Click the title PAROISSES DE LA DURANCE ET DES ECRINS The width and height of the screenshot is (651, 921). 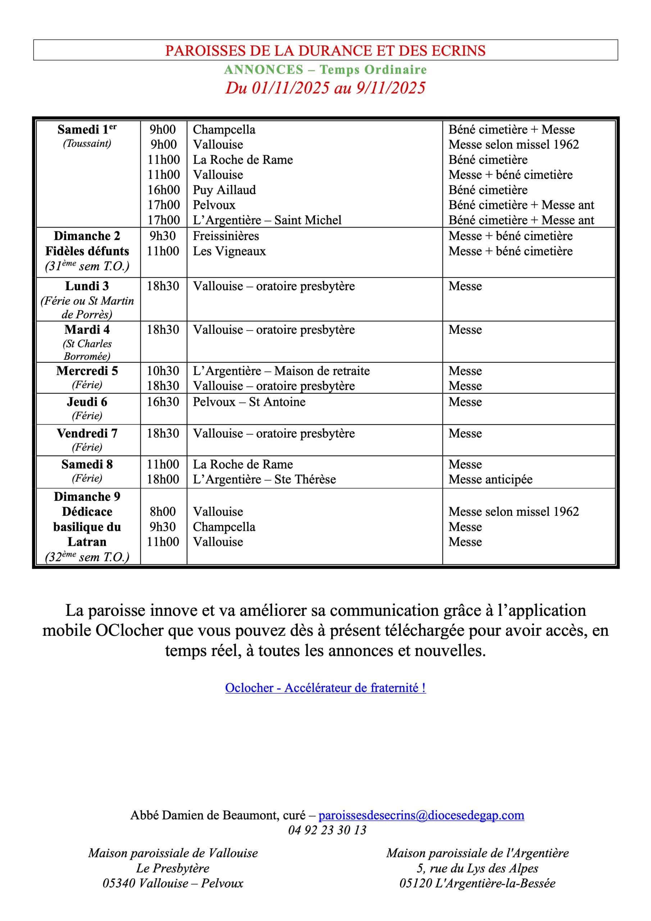point(325,50)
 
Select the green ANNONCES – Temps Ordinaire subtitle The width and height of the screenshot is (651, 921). point(325,70)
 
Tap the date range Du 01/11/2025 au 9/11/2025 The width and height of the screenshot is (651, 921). point(325,88)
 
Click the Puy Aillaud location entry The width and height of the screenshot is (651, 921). point(224,190)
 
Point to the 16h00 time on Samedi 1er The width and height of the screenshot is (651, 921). point(163,190)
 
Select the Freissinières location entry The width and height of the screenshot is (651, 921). point(226,236)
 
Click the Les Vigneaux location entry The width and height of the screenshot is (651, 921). point(229,251)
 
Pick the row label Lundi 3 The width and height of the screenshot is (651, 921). point(87,286)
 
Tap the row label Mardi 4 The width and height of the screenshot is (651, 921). point(87,330)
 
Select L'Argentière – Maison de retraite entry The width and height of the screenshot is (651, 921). point(281,371)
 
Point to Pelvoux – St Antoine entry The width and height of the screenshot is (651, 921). point(249,402)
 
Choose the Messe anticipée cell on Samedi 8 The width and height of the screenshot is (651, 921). point(490,479)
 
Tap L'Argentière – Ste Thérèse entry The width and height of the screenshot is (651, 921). point(264,479)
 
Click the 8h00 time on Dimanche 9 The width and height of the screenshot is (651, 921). point(163,512)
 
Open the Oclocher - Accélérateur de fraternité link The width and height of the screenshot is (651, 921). point(325,688)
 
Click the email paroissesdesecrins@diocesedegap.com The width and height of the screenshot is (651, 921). point(421,815)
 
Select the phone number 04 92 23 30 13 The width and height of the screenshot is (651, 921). point(327,830)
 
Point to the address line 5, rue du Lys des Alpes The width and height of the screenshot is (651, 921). point(477,868)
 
